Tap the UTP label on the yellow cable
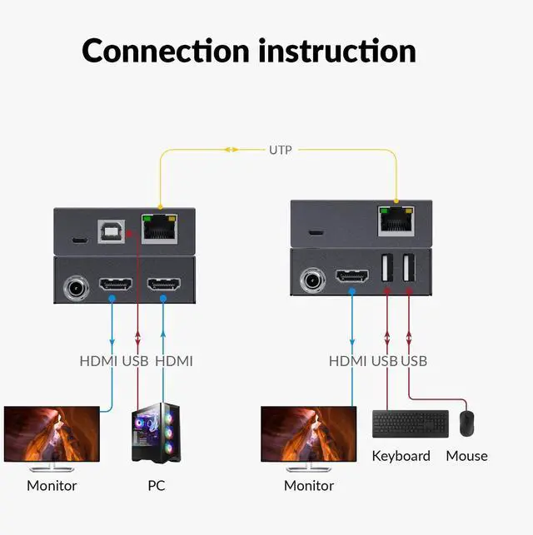[x=280, y=150]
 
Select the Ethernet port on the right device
[x=396, y=219]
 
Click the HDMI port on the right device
[x=351, y=275]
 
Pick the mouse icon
[x=467, y=423]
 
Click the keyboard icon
[x=410, y=424]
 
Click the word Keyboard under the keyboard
[x=401, y=455]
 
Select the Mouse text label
[x=466, y=455]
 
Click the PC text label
[x=156, y=484]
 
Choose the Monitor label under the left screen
[x=52, y=485]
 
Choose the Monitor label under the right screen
[x=309, y=485]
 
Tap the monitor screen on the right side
[x=309, y=433]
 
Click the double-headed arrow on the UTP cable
[x=230, y=150]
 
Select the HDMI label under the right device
[x=348, y=360]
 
